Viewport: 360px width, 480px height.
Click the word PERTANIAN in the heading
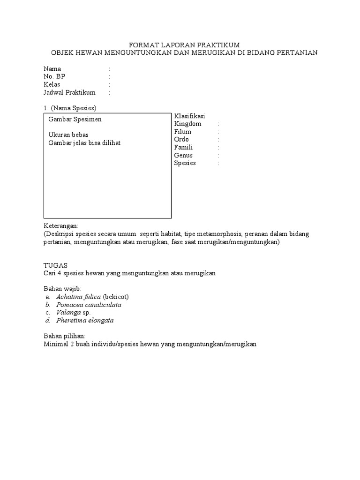(x=295, y=52)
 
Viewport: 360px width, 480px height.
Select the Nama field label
(x=52, y=69)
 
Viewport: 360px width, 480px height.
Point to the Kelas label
(x=52, y=85)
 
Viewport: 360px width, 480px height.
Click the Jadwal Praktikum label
(x=69, y=93)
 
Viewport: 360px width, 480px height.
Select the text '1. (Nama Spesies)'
(x=70, y=108)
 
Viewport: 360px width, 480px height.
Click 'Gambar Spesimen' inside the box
(x=75, y=120)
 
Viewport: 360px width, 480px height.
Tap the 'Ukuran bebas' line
(x=68, y=135)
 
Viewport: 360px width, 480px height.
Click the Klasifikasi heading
(x=190, y=116)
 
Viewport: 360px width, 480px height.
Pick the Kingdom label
(x=187, y=124)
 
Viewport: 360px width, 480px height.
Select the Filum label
(x=183, y=132)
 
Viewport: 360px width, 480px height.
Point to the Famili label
(x=183, y=147)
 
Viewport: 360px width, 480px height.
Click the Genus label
(x=183, y=155)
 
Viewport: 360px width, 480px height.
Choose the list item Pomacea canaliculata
(x=89, y=305)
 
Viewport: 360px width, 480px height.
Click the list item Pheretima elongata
(x=85, y=321)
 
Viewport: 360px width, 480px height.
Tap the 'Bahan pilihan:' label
(x=65, y=337)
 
